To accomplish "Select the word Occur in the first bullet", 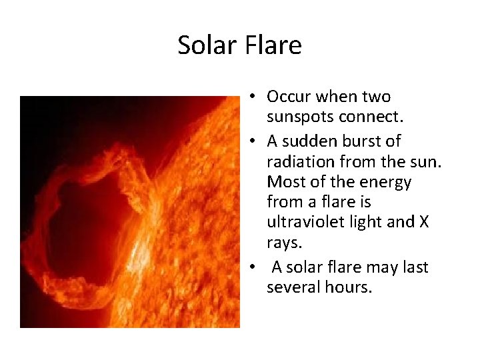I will (x=288, y=97).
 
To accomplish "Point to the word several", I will (x=292, y=287).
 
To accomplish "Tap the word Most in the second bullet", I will (x=283, y=181).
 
